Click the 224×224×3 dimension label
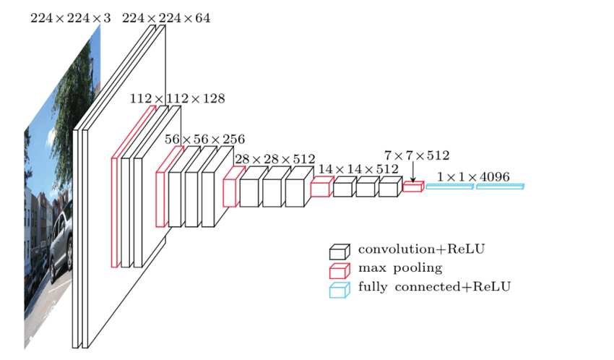(x=70, y=18)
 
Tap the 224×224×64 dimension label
(x=166, y=18)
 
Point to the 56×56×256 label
(x=204, y=139)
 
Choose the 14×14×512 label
(x=358, y=169)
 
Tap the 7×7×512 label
(x=417, y=155)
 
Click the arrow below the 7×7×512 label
(x=412, y=173)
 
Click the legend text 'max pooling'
(x=399, y=268)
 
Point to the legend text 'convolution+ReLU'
(x=421, y=249)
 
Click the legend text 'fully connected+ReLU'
(x=434, y=287)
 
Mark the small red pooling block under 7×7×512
(x=412, y=187)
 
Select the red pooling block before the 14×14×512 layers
(x=321, y=189)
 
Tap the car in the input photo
(x=61, y=239)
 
